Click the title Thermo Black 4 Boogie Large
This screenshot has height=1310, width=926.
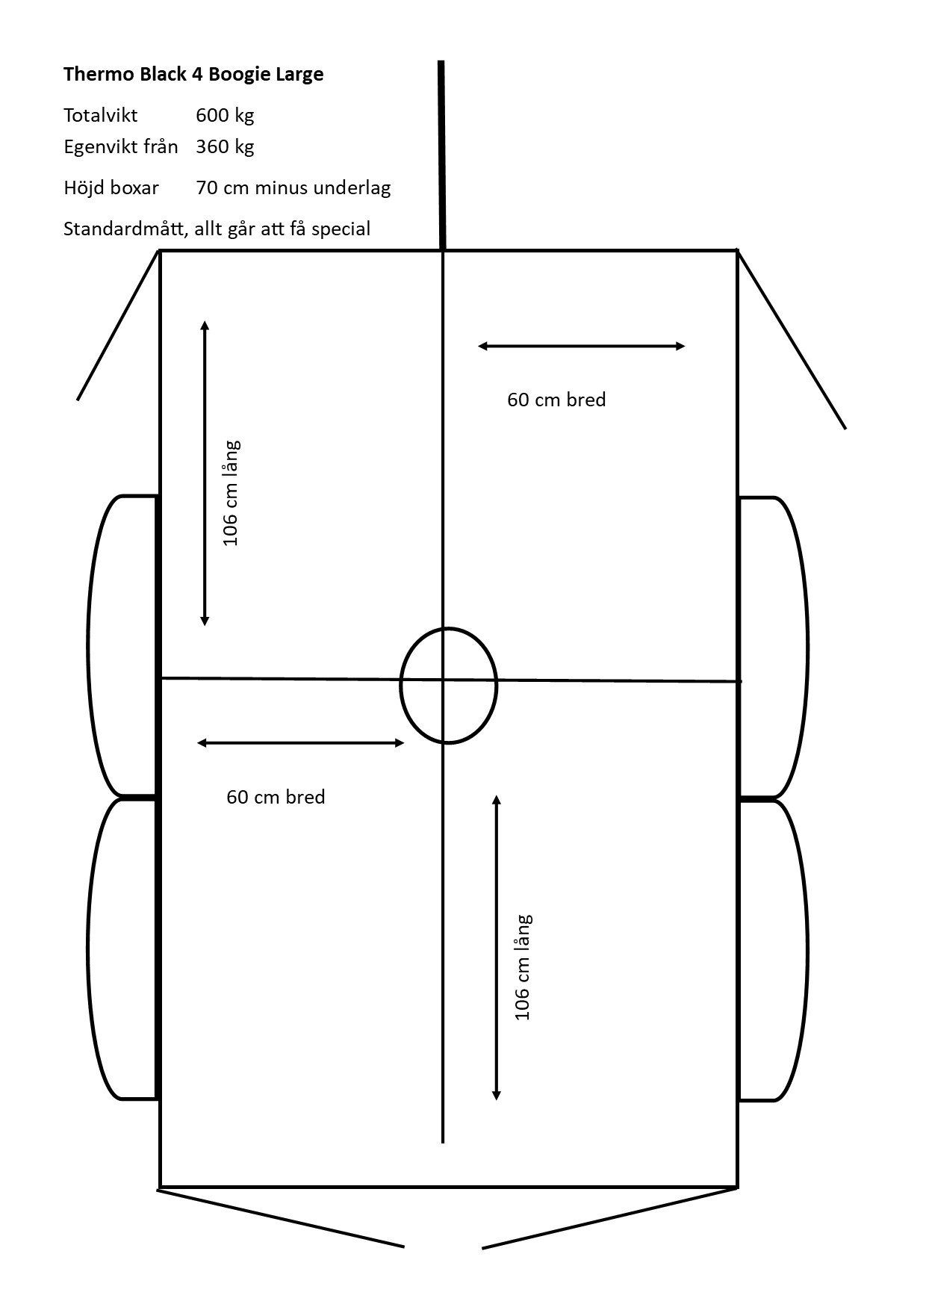click(193, 75)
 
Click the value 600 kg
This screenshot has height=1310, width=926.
click(225, 116)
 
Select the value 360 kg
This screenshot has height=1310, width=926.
click(225, 146)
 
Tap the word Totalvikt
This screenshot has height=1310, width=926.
click(101, 116)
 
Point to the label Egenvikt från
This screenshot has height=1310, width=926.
click(121, 146)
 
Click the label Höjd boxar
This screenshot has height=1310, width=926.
click(111, 187)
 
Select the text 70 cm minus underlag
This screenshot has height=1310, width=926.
click(293, 187)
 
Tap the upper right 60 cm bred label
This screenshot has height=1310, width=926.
click(556, 400)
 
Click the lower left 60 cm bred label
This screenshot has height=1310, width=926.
click(276, 798)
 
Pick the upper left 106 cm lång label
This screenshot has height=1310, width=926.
click(232, 493)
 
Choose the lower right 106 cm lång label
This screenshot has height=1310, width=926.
click(523, 967)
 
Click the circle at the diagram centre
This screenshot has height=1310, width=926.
click(448, 686)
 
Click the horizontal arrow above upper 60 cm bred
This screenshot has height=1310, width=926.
click(581, 346)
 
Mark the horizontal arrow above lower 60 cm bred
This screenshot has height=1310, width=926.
click(300, 742)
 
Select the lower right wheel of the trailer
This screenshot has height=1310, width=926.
click(773, 950)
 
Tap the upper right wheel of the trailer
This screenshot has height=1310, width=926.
click(773, 647)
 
